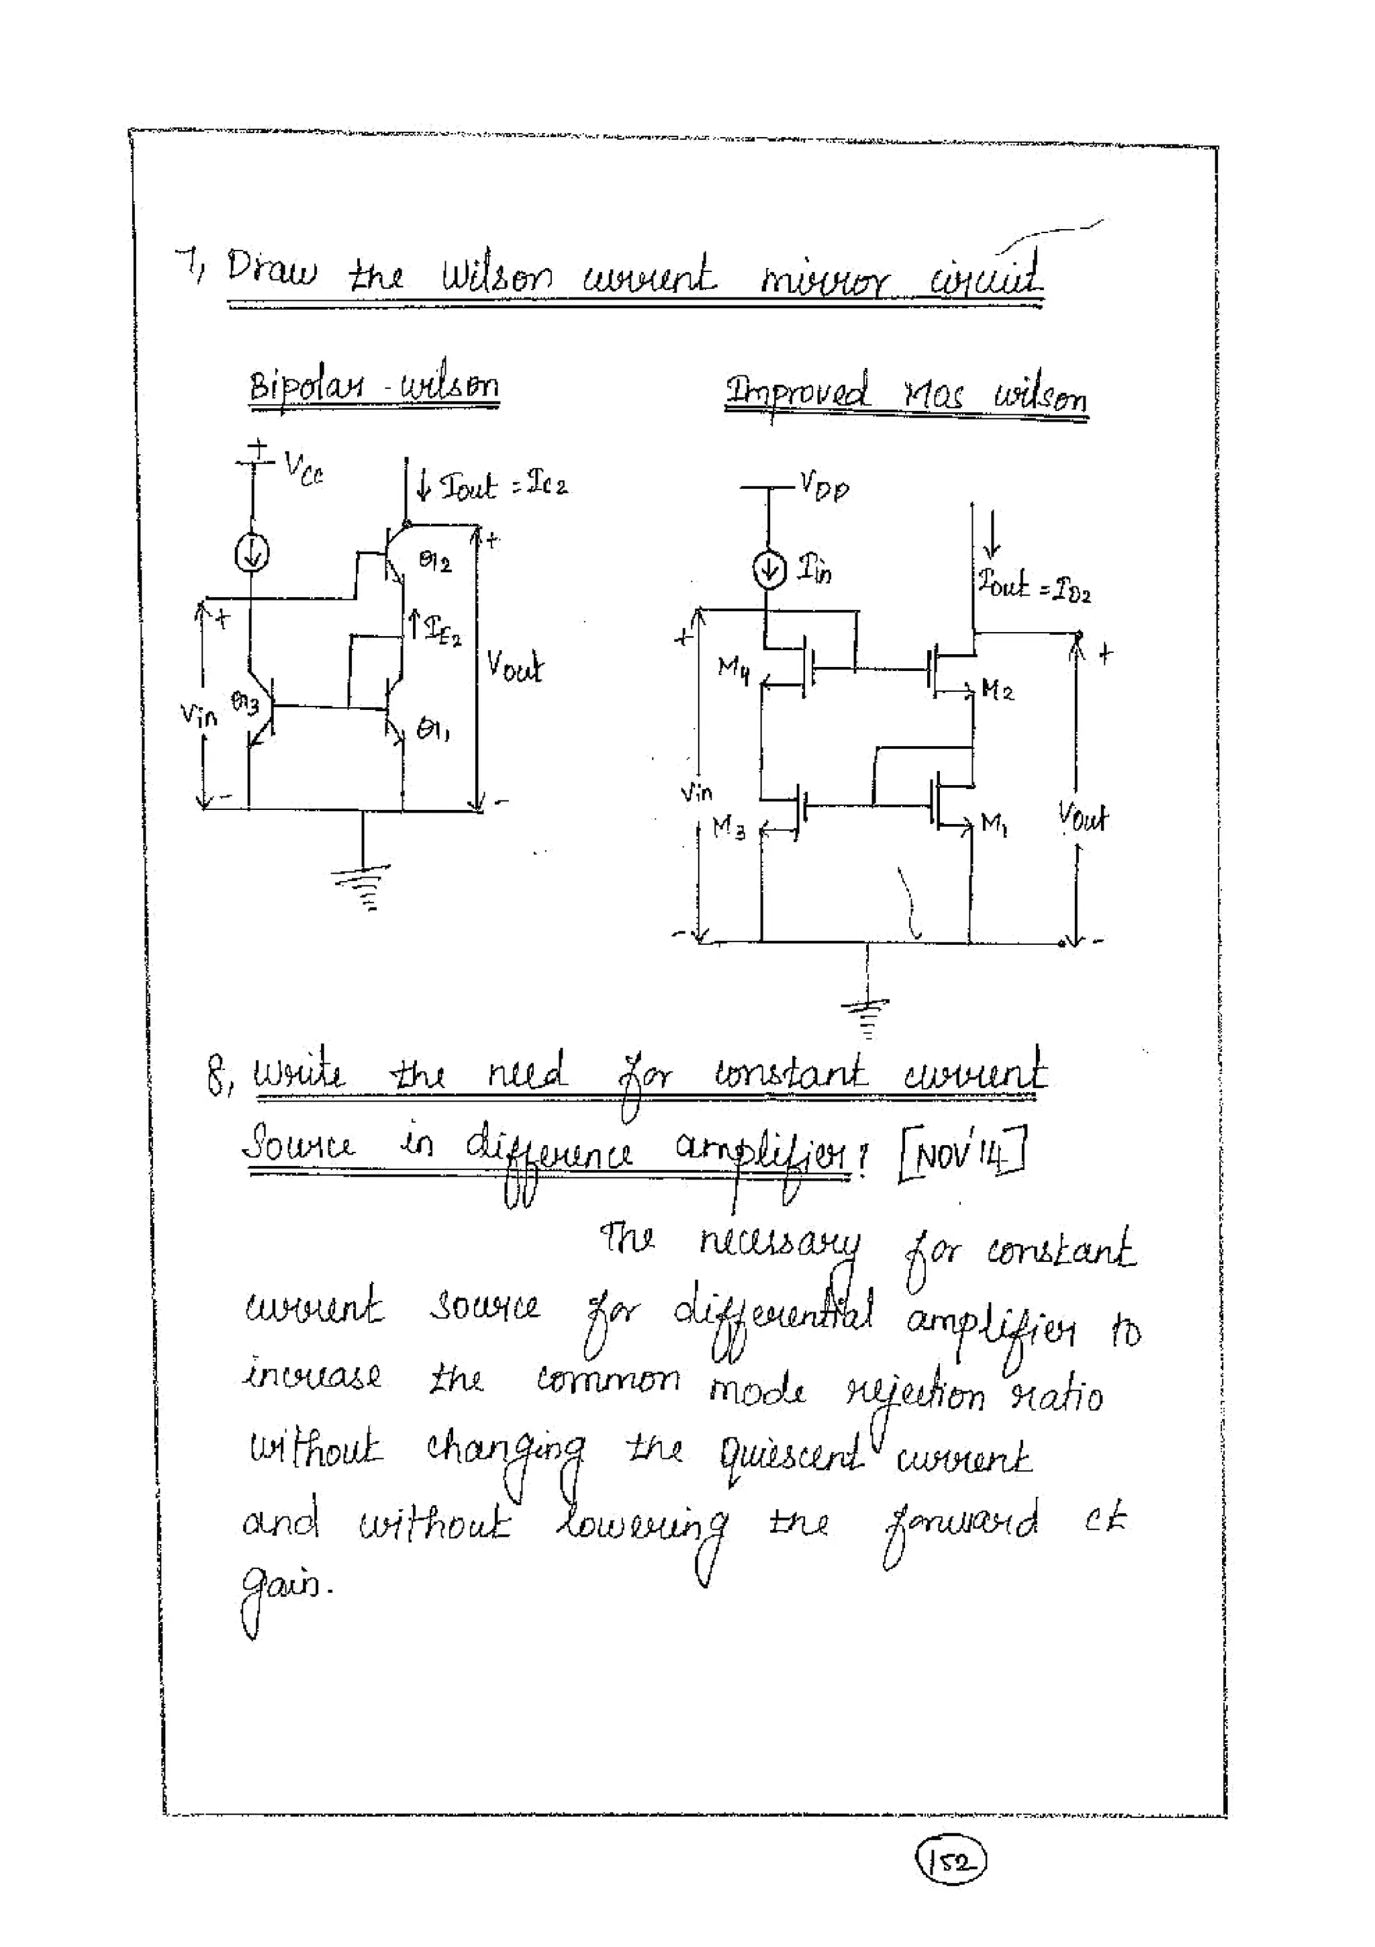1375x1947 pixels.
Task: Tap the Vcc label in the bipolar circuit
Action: pyautogui.click(x=303, y=467)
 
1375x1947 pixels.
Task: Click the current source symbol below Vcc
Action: pyautogui.click(x=252, y=555)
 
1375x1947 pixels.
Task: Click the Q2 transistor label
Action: pyautogui.click(x=436, y=561)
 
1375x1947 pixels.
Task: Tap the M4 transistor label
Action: pyautogui.click(x=733, y=669)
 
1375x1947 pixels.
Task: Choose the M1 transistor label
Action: pyautogui.click(x=994, y=821)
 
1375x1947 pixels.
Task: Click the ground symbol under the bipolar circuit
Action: pyautogui.click(x=363, y=885)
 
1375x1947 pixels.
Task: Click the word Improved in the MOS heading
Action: pyautogui.click(x=797, y=394)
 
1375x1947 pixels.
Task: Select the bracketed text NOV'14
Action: pyautogui.click(x=962, y=1152)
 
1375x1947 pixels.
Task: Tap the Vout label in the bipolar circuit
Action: pyautogui.click(x=514, y=668)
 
